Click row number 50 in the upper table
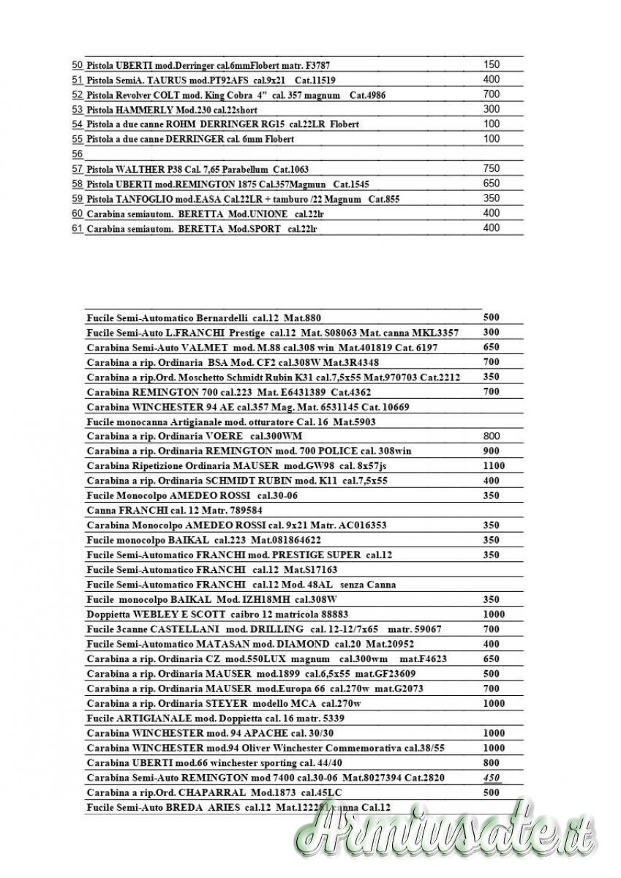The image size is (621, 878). [77, 65]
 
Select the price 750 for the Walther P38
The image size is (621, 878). [492, 168]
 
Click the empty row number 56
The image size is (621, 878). [77, 154]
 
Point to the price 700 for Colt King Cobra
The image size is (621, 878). [492, 94]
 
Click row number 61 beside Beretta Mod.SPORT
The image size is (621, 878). [77, 228]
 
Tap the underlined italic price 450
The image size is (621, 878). [492, 778]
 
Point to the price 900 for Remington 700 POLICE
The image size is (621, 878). [492, 451]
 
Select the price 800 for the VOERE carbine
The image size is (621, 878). [492, 436]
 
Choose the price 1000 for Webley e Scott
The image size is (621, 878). [494, 615]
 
